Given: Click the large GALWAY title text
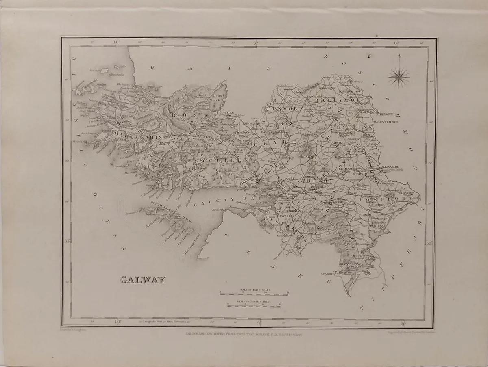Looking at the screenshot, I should point(143,280).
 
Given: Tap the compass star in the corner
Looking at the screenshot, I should point(399,76).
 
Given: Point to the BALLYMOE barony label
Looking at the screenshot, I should point(332,98).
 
